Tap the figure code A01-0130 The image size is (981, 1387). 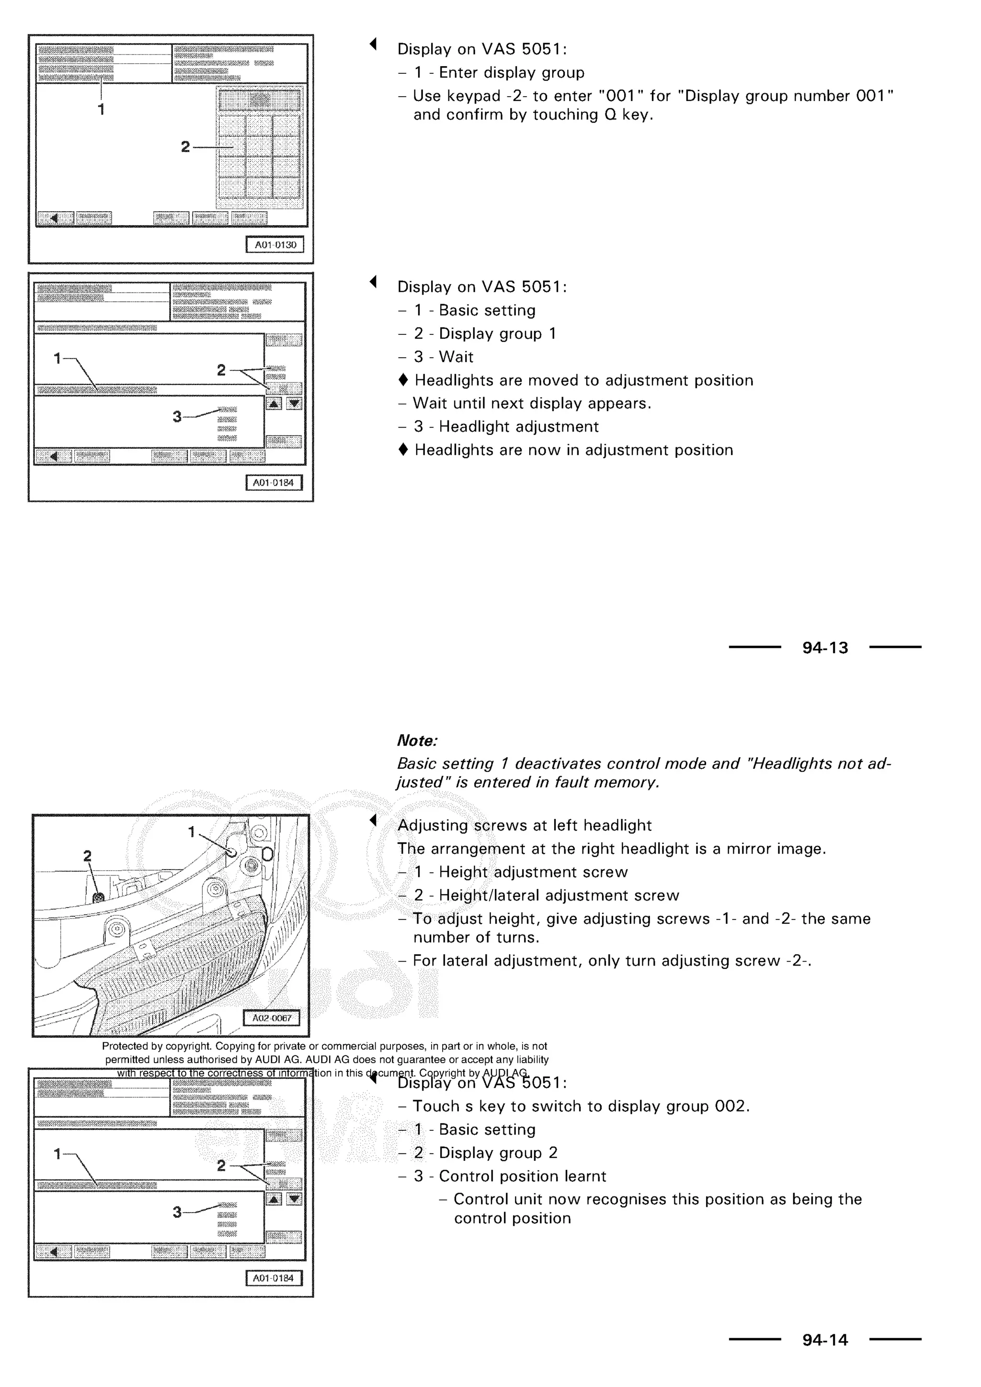[275, 245]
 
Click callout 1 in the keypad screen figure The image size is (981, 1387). [101, 109]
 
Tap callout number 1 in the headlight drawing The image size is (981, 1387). [192, 832]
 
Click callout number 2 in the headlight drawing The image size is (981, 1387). [88, 855]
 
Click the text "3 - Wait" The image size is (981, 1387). [444, 357]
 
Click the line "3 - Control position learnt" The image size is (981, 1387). [509, 1176]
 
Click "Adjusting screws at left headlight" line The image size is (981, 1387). [525, 825]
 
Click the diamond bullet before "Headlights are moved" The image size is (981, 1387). [403, 380]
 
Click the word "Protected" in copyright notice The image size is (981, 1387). [124, 1046]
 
